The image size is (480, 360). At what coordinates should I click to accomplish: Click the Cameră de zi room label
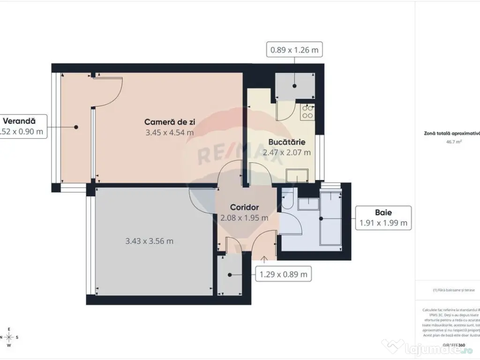point(170,122)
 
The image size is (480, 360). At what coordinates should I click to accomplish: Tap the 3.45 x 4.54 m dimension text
point(170,133)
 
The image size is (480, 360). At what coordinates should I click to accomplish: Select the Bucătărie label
point(287,142)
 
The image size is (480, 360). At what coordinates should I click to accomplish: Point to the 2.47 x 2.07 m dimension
point(287,152)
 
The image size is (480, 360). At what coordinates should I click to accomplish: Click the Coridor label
point(244,207)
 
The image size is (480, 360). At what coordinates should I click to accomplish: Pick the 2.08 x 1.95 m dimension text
point(244,218)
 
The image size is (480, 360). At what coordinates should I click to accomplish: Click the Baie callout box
point(383,218)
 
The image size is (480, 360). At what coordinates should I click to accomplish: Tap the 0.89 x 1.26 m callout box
point(295,49)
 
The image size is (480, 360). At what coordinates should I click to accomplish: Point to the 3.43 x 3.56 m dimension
point(150,241)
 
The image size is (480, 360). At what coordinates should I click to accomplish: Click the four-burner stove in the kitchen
point(307,112)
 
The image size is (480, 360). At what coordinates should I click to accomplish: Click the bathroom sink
point(308,203)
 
